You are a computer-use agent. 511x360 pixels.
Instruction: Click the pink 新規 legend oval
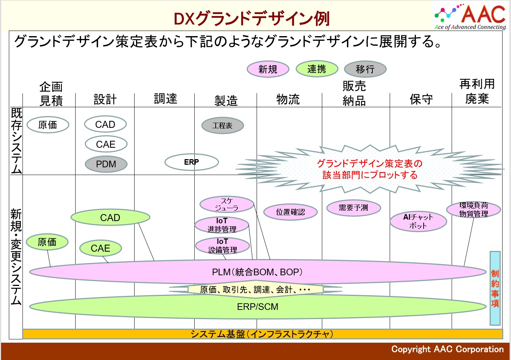click(268, 69)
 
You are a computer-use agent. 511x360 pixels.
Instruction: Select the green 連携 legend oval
click(317, 69)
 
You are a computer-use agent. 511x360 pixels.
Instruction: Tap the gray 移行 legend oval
click(365, 69)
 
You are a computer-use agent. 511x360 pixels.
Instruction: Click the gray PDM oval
click(106, 164)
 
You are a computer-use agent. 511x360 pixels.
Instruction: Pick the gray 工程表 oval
click(222, 125)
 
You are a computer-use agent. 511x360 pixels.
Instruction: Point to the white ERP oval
click(192, 162)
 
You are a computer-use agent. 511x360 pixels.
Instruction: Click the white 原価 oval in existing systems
click(48, 125)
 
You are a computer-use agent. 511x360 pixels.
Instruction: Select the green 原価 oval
click(47, 242)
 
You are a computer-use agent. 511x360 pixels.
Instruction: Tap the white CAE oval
click(106, 144)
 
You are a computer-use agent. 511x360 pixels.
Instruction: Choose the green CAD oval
click(110, 217)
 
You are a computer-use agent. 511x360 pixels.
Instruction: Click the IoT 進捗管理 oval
click(222, 225)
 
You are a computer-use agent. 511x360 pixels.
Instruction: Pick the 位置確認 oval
click(291, 212)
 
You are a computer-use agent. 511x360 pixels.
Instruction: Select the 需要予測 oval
click(353, 208)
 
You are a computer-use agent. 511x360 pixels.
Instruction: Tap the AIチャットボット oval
click(418, 221)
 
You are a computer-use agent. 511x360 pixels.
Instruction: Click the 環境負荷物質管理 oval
click(474, 210)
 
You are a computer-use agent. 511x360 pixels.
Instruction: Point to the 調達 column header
click(166, 99)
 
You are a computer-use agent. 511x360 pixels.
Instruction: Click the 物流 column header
click(288, 99)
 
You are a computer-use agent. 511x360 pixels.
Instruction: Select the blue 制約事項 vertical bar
click(495, 288)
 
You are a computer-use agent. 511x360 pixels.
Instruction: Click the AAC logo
click(470, 17)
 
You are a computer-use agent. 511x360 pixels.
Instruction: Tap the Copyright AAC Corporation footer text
click(447, 349)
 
